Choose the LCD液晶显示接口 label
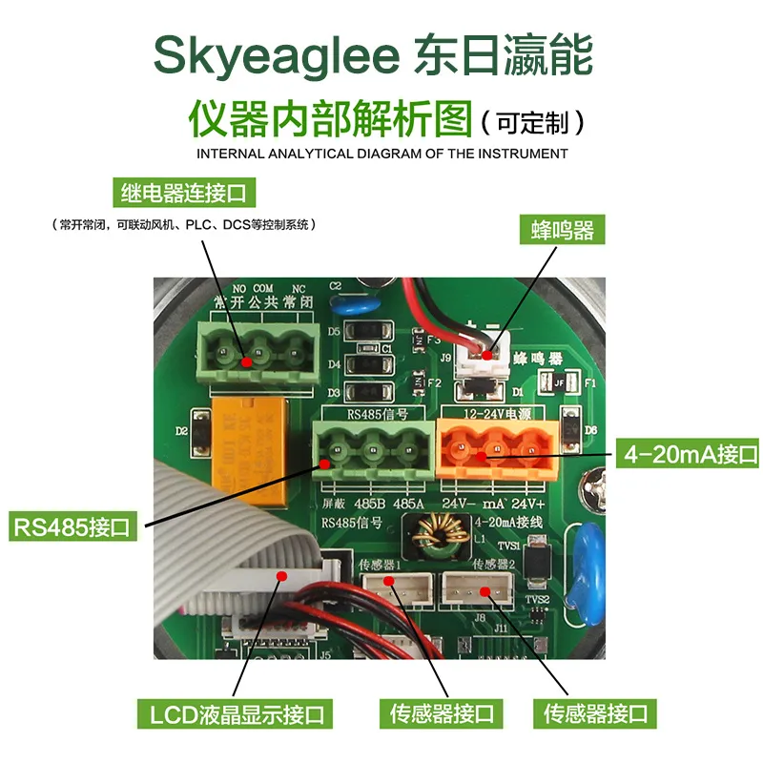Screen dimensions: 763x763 236,712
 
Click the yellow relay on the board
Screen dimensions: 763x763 249,448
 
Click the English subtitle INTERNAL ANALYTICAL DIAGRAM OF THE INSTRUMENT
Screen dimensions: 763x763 381,154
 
